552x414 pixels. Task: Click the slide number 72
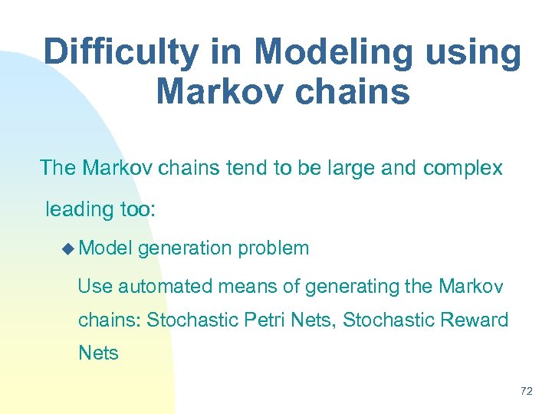(x=526, y=392)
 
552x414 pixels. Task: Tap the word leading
(x=77, y=209)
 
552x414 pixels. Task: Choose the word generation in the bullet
(x=186, y=248)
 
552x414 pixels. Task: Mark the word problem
(x=274, y=248)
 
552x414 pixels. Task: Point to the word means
(x=248, y=287)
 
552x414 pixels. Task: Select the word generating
(x=352, y=287)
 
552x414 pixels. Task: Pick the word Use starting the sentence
(x=95, y=287)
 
